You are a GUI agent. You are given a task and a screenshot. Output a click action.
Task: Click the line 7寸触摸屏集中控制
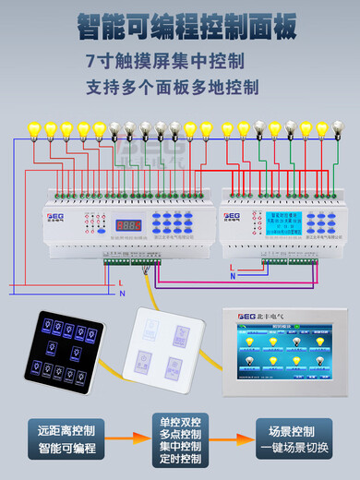pyautogui.click(x=165, y=63)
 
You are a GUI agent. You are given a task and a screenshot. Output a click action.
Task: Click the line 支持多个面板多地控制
pyautogui.click(x=172, y=88)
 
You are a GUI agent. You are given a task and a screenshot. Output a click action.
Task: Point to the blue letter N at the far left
pyautogui.click(x=122, y=293)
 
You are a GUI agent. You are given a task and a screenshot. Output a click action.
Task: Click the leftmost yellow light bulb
pyautogui.click(x=35, y=129)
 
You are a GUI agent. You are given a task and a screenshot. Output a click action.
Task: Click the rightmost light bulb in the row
pyautogui.click(x=339, y=129)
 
